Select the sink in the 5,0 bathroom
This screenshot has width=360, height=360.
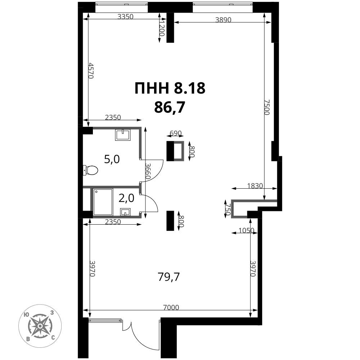point(123,135)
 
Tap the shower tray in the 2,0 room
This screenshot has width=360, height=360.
point(103,202)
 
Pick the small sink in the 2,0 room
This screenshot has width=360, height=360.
point(125,212)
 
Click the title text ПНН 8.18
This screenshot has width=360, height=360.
point(170,88)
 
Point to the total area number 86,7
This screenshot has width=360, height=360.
point(170,107)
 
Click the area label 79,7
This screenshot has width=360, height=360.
point(169,277)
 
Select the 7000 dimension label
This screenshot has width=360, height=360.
point(171,307)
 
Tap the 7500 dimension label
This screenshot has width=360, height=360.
point(267,107)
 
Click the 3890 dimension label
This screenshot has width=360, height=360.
point(223,20)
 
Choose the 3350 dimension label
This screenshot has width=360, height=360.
point(125,17)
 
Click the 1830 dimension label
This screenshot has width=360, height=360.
point(255,185)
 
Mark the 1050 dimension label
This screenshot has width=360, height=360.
point(246,230)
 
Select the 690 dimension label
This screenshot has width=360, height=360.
point(176,133)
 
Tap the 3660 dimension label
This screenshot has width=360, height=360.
point(148,171)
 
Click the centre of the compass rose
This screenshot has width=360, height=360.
point(40,326)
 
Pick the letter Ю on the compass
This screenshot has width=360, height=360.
point(26,315)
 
